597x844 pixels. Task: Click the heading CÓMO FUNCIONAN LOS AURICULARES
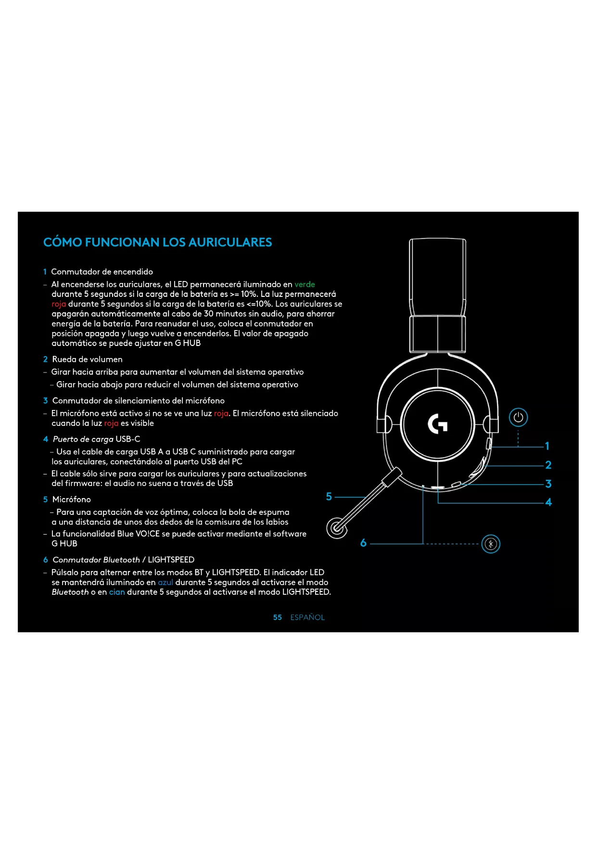point(157,242)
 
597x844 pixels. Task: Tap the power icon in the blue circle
point(518,417)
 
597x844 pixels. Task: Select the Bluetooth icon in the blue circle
point(491,544)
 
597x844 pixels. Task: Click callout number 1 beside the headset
point(547,446)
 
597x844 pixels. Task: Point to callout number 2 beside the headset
point(548,465)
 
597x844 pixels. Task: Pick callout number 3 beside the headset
point(548,484)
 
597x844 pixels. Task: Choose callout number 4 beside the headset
point(548,502)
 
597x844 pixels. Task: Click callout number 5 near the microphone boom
point(329,497)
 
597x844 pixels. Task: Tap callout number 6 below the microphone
point(363,543)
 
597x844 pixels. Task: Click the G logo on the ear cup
point(437,424)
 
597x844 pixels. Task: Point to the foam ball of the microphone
point(337,528)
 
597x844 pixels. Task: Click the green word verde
point(305,284)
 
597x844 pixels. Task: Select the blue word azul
point(165,582)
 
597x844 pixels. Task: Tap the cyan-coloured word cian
point(117,592)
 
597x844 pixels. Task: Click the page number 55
point(278,617)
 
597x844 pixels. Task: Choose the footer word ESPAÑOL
point(307,617)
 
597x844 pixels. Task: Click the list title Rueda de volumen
point(87,359)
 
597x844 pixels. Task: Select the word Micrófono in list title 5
point(71,499)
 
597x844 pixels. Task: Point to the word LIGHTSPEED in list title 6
point(171,560)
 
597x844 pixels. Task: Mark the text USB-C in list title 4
point(128,439)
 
